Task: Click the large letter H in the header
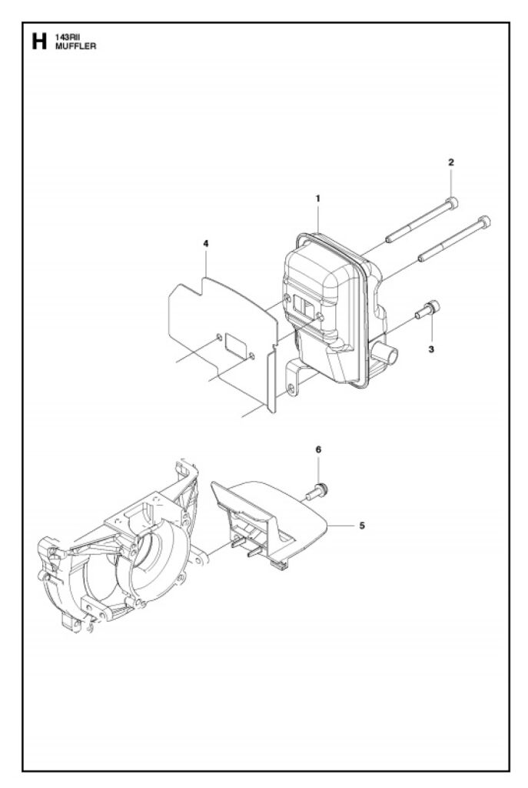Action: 39,42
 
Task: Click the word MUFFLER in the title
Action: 75,46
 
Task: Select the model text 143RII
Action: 65,38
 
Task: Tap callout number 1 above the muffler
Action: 317,199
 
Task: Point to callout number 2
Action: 451,162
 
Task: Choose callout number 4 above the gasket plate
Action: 206,244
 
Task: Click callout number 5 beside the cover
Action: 362,526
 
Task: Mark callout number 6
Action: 318,449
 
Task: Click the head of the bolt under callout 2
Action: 452,203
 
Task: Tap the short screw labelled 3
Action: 427,309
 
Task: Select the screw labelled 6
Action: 316,491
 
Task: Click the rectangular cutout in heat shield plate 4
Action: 235,343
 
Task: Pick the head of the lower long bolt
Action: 484,222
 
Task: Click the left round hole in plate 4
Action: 219,336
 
